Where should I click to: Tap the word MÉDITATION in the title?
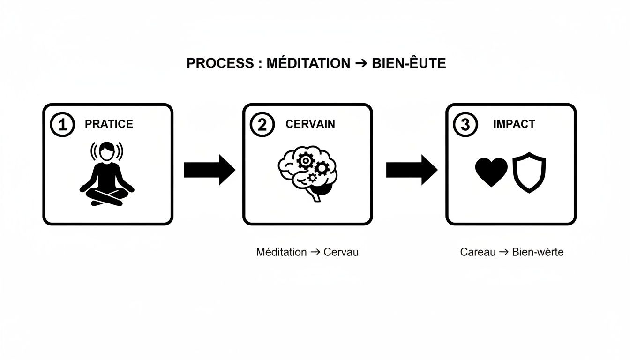point(308,64)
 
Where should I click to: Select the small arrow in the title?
point(360,64)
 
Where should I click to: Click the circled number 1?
point(62,125)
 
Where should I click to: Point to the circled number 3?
point(465,125)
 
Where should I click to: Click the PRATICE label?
point(109,124)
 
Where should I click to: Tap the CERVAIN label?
point(310,124)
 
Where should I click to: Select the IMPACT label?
point(514,124)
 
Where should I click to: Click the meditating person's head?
point(107,150)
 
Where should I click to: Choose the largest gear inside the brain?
point(305,161)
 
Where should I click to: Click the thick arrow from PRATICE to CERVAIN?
point(209,170)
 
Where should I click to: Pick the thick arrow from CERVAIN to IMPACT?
point(411,170)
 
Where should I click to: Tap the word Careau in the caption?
point(478,252)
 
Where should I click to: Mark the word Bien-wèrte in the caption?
point(538,252)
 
